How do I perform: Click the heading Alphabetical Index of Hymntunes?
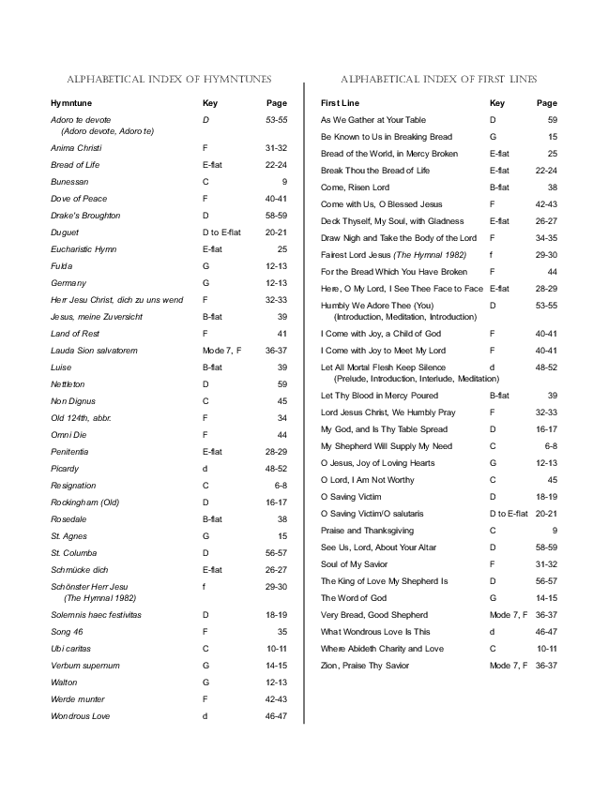point(170,79)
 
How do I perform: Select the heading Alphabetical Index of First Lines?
point(438,79)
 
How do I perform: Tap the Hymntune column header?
point(71,103)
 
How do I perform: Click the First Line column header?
point(340,103)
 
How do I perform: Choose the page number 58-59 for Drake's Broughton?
point(276,216)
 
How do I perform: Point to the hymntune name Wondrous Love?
point(80,716)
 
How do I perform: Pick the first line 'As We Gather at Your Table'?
point(373,120)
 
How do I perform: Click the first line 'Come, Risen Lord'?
point(355,187)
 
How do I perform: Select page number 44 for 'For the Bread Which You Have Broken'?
point(552,272)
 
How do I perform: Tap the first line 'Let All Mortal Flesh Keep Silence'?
point(384,367)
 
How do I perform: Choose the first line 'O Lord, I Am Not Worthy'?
point(367,480)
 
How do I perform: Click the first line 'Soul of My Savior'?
point(356,564)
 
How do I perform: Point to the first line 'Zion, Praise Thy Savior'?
point(366,666)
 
